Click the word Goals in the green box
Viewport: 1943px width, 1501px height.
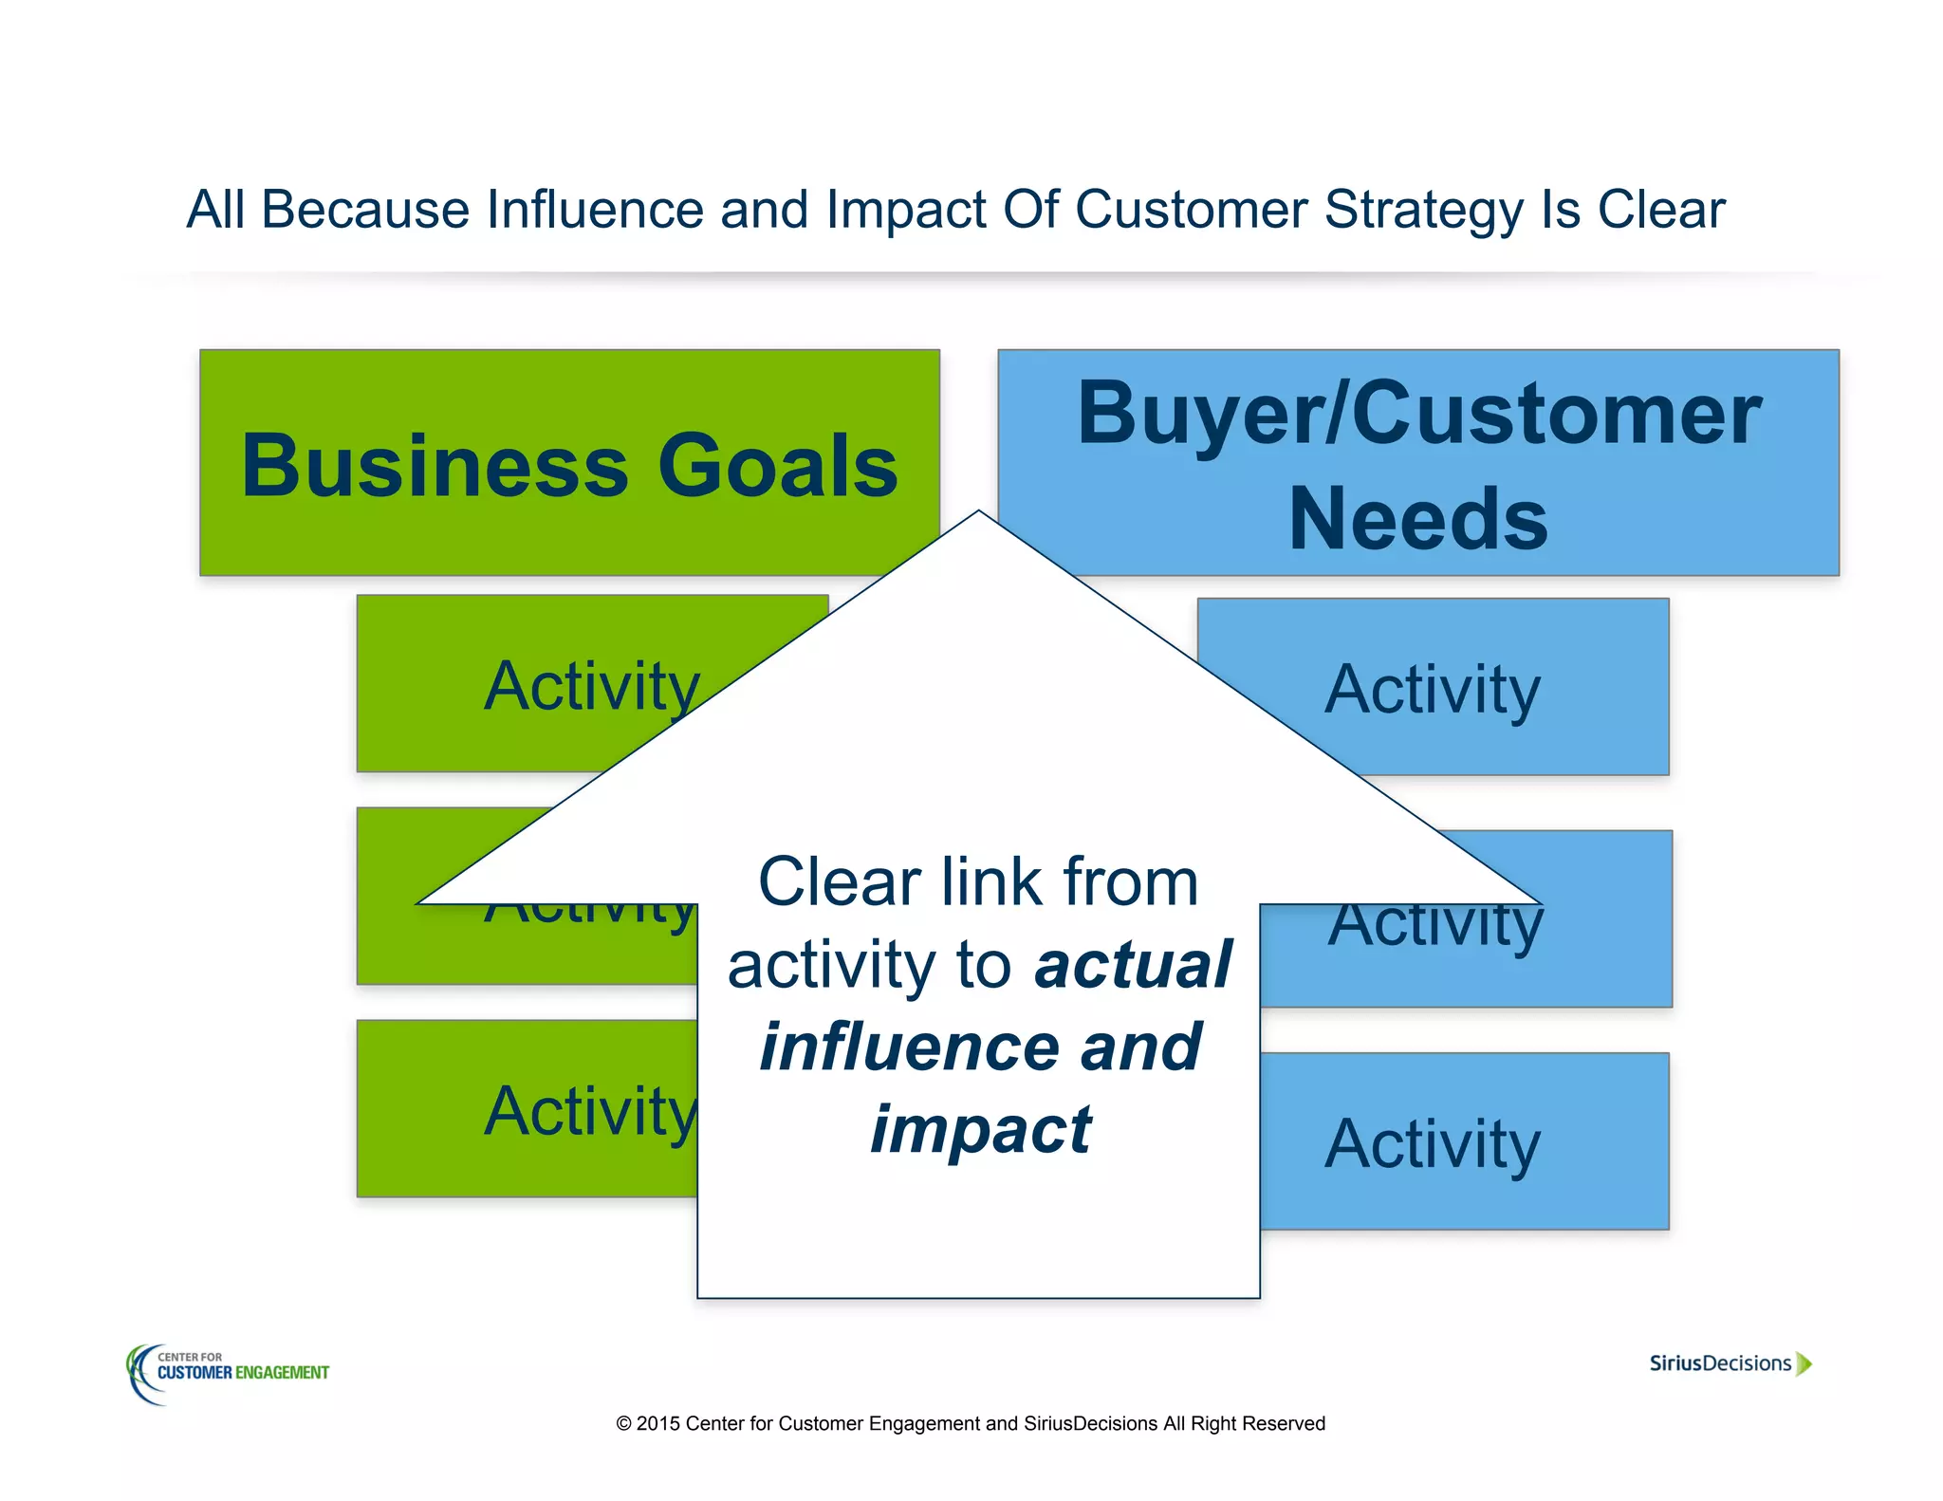(777, 466)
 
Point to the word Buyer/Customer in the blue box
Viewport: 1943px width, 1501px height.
(1418, 415)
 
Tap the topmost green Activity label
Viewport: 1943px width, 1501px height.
(591, 686)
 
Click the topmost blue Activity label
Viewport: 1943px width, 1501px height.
(1432, 690)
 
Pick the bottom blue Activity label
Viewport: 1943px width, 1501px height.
(1432, 1144)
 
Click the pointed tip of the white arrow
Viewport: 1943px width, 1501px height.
(979, 515)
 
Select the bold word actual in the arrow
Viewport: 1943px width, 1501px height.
(1133, 965)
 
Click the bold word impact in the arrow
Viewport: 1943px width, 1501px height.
(980, 1130)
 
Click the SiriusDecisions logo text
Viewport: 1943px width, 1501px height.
(1719, 1363)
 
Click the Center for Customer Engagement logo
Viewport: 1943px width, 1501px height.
(228, 1372)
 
